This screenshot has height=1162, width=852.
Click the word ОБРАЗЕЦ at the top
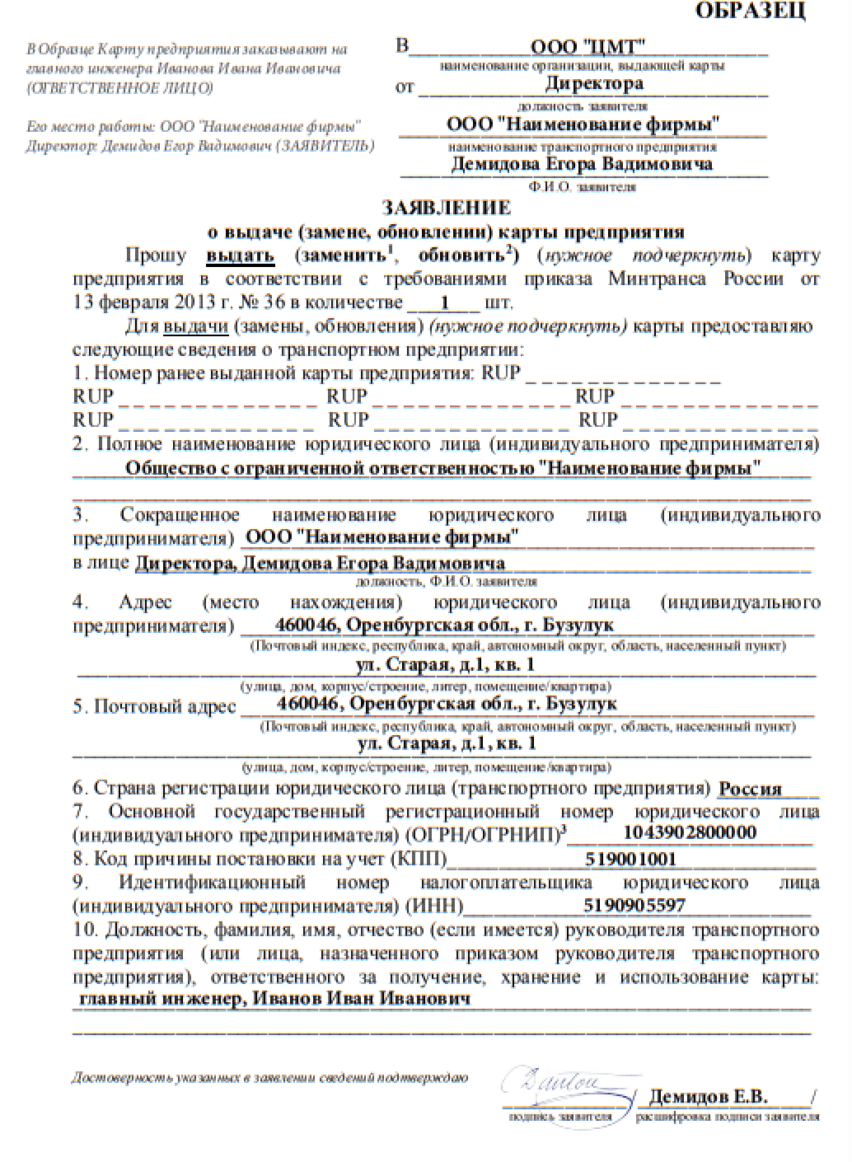[x=751, y=12]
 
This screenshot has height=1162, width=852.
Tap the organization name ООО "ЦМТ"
[x=588, y=46]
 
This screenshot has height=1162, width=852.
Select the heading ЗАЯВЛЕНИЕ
[x=446, y=207]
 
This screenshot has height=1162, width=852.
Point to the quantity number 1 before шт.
[x=445, y=302]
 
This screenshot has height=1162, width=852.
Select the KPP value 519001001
[x=630, y=859]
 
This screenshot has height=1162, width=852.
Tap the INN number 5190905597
[x=634, y=906]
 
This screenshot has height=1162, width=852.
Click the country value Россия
[x=750, y=789]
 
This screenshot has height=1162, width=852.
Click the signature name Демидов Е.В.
[x=709, y=1097]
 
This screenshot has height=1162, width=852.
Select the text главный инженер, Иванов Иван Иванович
[x=274, y=999]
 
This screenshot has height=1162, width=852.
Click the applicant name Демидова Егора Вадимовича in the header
[x=582, y=164]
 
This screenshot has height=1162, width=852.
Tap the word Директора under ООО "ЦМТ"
[x=593, y=83]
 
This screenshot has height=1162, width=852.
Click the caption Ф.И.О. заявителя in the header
[x=583, y=187]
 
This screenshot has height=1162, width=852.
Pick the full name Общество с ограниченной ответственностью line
[x=442, y=468]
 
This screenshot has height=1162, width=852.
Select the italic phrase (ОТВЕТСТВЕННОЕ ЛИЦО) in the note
[x=119, y=88]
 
